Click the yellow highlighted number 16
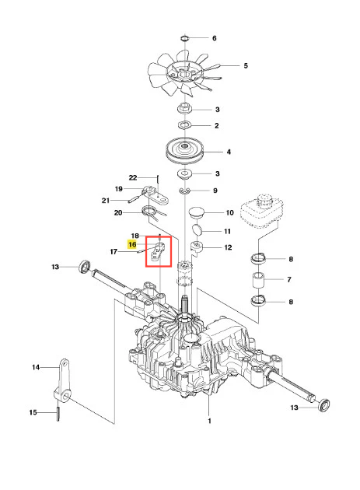click(132, 244)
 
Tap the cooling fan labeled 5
click(185, 75)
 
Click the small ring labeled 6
click(185, 38)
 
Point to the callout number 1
click(209, 421)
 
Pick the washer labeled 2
click(185, 125)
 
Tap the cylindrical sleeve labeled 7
click(259, 280)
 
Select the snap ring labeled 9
click(185, 191)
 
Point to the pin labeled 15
click(58, 414)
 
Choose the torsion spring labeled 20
click(153, 212)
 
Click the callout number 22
click(133, 177)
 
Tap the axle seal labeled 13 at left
click(85, 266)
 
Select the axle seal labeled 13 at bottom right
click(323, 405)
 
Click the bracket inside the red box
click(157, 251)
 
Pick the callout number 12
click(228, 247)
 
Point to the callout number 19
click(119, 189)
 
